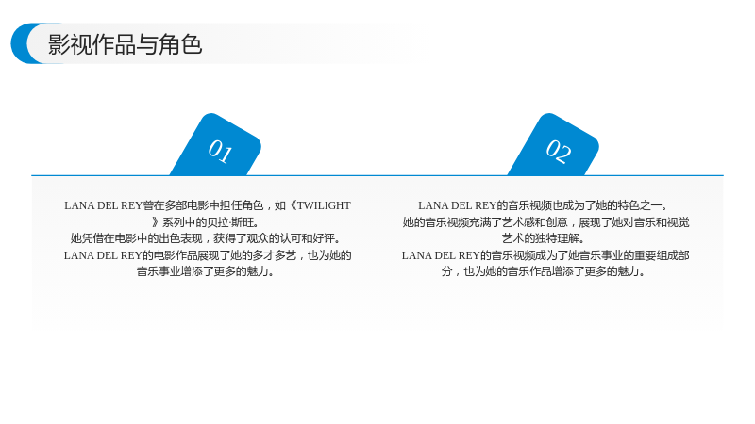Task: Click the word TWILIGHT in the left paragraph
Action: [x=324, y=205]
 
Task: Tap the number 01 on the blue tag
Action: [x=220, y=151]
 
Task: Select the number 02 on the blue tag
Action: [x=558, y=151]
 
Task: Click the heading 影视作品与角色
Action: [x=125, y=44]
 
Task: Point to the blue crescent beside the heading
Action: [x=22, y=43]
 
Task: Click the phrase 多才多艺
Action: [x=274, y=255]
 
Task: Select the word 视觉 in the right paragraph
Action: [x=679, y=222]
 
